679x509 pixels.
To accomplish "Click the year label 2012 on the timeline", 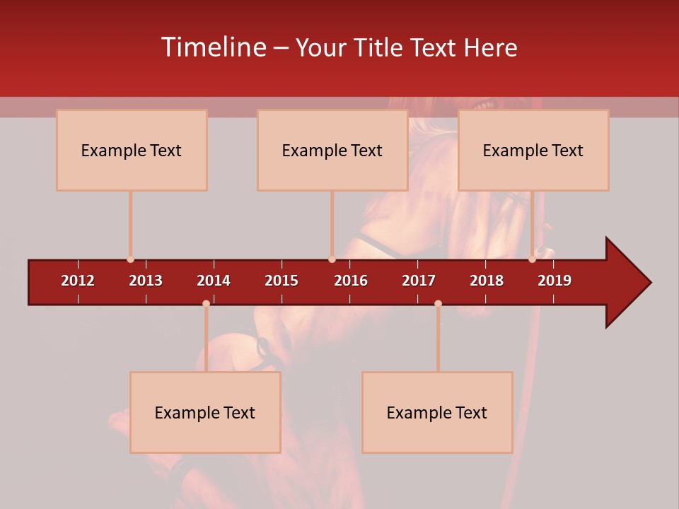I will point(78,281).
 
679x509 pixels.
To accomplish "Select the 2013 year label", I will point(146,281).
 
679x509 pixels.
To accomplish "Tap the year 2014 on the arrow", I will point(214,281).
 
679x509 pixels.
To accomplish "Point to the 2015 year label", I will point(282,281).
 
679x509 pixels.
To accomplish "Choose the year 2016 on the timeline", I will point(351,281).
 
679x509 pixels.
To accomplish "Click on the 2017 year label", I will point(419,281).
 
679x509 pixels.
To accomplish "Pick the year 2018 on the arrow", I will point(487,281).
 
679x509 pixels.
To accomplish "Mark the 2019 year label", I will point(555,281).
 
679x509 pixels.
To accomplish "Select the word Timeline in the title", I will point(213,47).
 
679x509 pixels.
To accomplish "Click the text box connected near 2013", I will point(132,150).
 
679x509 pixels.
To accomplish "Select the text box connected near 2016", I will point(332,150).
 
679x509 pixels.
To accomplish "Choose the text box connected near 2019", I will point(533,150).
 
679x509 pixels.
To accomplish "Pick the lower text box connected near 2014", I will point(205,412).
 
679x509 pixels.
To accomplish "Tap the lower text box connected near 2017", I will point(437,412).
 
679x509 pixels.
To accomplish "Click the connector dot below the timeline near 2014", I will point(206,303).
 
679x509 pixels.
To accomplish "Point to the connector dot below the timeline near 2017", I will point(438,303).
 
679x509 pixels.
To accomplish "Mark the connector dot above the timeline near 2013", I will point(130,259).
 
